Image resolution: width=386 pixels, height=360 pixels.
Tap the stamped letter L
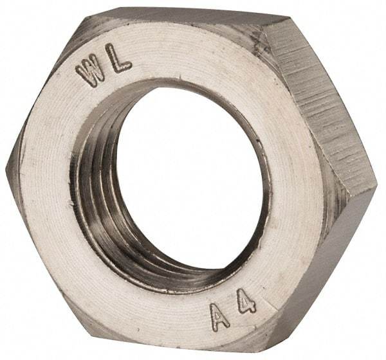pyautogui.click(x=120, y=59)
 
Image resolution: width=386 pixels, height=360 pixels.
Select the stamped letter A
pyautogui.click(x=220, y=316)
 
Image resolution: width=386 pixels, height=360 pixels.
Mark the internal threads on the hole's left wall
pyautogui.click(x=96, y=193)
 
